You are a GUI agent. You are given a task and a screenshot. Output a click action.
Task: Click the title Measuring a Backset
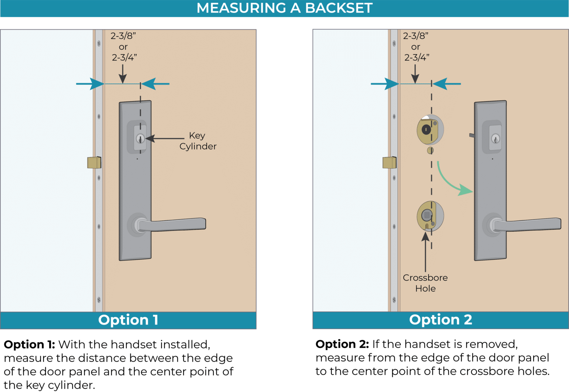tap(284, 8)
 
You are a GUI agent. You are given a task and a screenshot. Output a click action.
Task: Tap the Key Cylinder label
tap(198, 141)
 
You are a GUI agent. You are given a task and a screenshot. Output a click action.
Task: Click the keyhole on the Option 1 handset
tap(140, 139)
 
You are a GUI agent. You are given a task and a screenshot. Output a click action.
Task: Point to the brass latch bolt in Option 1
tap(94, 162)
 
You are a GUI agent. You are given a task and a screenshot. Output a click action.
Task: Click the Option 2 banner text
tap(440, 320)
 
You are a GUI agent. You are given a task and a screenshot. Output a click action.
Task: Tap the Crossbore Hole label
tap(425, 283)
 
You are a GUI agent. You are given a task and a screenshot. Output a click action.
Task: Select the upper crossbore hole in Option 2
tap(430, 130)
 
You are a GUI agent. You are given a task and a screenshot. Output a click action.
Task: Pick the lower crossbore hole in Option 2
tap(430, 216)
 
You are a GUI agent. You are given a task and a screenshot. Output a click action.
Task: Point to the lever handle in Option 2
tap(528, 224)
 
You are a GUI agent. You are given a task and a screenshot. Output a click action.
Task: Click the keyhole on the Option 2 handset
tap(495, 139)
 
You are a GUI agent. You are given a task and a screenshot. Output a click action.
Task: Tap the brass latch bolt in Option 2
tap(389, 162)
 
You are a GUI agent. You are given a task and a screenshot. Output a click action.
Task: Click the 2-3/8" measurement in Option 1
tap(123, 36)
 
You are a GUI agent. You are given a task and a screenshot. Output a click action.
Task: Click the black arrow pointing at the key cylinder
tap(165, 139)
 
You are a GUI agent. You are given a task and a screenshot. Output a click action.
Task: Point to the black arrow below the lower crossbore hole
tap(426, 252)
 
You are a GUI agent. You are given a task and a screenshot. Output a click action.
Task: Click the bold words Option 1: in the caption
tap(29, 345)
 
